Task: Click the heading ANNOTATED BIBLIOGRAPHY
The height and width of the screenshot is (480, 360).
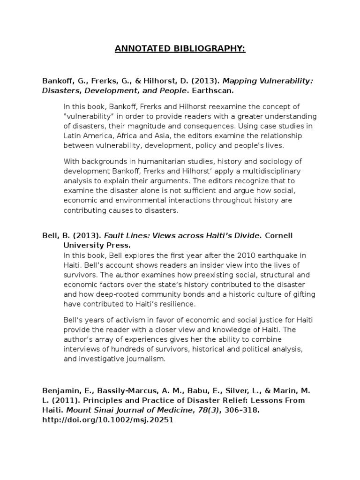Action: [180, 49]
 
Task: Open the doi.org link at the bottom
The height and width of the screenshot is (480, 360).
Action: [108, 420]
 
